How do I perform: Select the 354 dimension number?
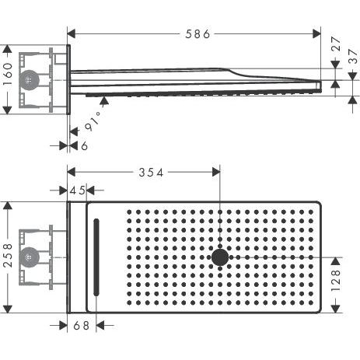150,173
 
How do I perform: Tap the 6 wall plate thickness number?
82,145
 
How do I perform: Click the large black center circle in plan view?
221,257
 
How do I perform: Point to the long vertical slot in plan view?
96,257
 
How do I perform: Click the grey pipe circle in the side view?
30,79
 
